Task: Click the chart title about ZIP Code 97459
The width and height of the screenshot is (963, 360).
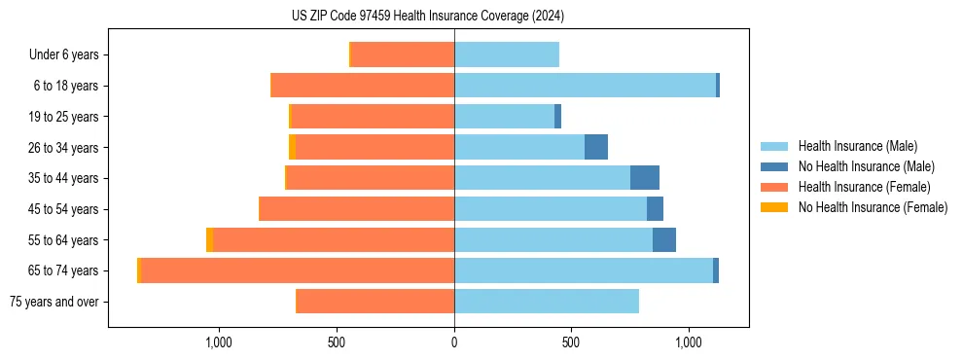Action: coord(428,17)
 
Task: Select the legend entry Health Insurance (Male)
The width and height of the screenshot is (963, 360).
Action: coord(857,146)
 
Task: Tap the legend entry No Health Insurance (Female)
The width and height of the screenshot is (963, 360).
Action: coord(873,207)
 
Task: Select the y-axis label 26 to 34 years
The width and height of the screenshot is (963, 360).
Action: coord(63,147)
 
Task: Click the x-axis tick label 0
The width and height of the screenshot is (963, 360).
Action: coord(454,343)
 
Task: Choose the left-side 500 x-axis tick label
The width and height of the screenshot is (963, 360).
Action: coord(337,343)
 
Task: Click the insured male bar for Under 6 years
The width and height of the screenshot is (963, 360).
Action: coord(507,54)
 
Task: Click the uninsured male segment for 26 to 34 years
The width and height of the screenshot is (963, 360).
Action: coord(596,147)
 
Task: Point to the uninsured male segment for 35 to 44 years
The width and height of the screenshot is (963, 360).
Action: coord(645,178)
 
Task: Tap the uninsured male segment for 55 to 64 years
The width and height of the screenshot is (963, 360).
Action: coord(664,239)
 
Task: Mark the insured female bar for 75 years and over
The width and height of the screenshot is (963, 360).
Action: coord(374,302)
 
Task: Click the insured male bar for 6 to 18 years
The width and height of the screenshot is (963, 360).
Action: coord(585,86)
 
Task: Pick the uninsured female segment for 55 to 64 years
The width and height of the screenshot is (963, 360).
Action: coord(209,239)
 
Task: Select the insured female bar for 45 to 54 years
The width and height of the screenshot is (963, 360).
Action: coord(356,209)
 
